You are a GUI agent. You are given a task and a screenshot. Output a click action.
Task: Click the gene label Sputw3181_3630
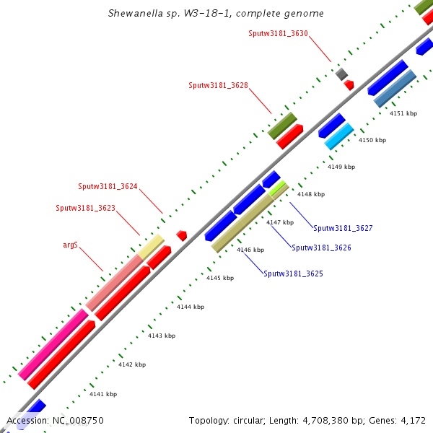click(279, 33)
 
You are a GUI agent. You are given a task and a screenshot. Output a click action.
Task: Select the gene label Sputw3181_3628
click(218, 85)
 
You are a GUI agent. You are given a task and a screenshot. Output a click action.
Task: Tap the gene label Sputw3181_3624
click(108, 186)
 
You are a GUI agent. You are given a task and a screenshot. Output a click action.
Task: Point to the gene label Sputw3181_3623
click(85, 208)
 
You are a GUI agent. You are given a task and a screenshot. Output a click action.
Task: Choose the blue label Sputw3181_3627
click(343, 228)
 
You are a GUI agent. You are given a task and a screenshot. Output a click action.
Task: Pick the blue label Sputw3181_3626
click(321, 248)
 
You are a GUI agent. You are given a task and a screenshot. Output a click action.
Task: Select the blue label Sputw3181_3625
click(293, 274)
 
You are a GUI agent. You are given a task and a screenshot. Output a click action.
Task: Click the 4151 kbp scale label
click(403, 113)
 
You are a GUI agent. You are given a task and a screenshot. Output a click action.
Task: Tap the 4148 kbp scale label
click(311, 194)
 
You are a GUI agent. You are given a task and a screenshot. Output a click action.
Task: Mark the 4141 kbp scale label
click(102, 394)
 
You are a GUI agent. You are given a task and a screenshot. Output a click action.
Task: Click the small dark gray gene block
click(341, 74)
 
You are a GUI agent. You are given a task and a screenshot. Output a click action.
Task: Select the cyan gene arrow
click(338, 136)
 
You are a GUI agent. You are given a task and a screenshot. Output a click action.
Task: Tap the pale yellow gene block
click(152, 247)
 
